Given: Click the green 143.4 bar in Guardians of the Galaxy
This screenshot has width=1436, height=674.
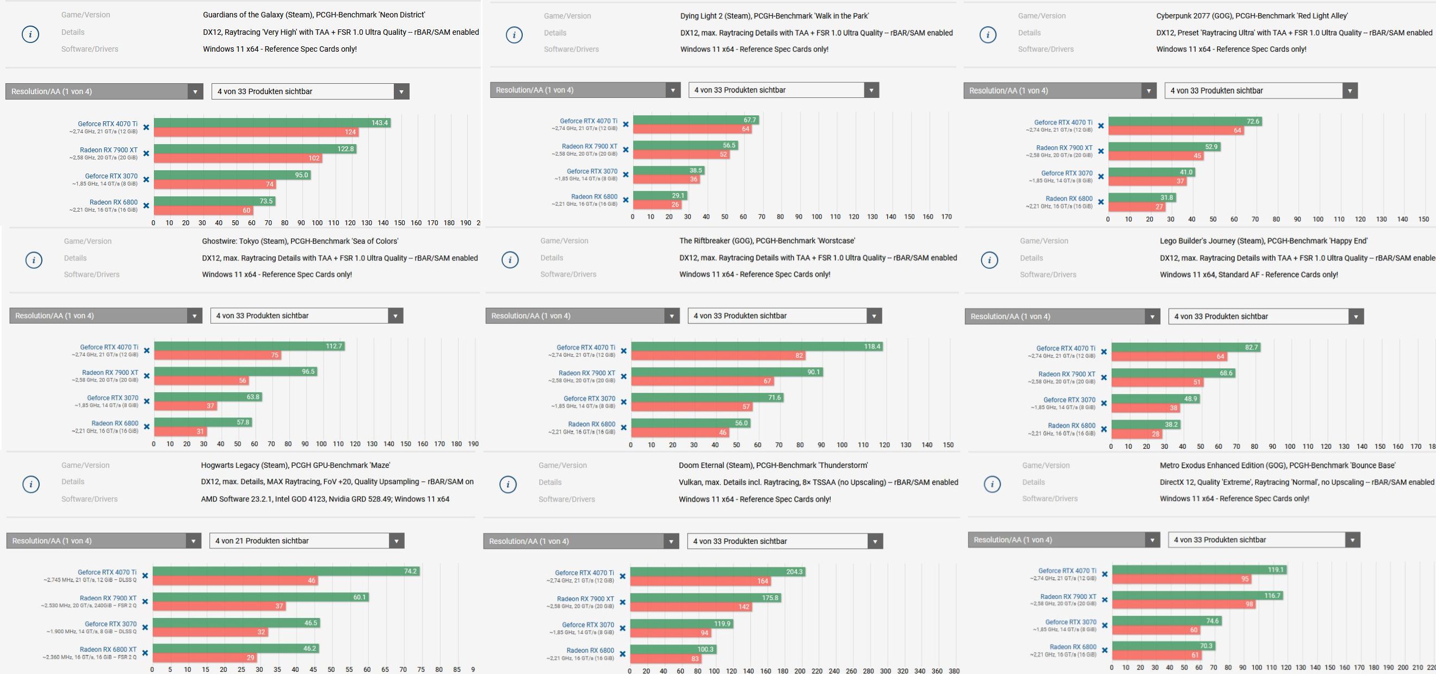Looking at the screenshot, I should pos(271,122).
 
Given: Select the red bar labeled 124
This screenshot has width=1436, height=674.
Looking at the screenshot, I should pos(256,132).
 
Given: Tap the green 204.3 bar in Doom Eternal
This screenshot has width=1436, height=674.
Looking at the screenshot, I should pos(717,572).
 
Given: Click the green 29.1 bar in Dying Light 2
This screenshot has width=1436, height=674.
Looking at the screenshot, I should pos(659,196).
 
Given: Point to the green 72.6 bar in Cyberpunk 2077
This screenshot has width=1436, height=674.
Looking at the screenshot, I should pos(1185,121).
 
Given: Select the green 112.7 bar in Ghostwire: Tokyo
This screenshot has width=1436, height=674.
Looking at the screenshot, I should pos(249,346).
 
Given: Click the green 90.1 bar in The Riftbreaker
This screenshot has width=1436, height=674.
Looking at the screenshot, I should pos(726,372).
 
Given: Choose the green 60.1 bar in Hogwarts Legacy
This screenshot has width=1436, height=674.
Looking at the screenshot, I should pos(261,597).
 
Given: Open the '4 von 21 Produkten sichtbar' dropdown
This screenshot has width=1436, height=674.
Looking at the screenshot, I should pos(306,541).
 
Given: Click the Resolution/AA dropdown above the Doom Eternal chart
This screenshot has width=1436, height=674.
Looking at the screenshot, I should pos(581,541).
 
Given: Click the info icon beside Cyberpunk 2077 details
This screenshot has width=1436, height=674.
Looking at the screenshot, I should pos(988,35).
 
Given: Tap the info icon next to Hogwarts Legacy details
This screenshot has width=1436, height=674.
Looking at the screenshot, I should pos(30,485).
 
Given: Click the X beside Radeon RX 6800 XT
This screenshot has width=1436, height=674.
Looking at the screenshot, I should pos(145,653).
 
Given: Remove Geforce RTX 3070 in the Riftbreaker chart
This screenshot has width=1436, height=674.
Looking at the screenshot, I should pos(624,402).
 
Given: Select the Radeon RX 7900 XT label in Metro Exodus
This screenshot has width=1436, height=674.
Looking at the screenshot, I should pos(1068,597).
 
